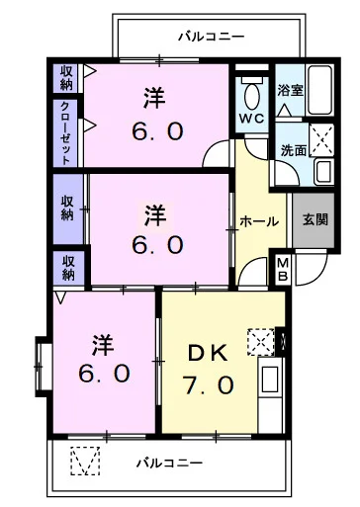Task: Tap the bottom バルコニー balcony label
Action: pyautogui.click(x=169, y=463)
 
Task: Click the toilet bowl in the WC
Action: pyautogui.click(x=251, y=96)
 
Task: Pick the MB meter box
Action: pyautogui.click(x=282, y=269)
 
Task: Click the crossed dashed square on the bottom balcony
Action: pyautogui.click(x=86, y=462)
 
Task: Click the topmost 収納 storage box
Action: pyautogui.click(x=65, y=76)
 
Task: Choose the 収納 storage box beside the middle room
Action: pyautogui.click(x=65, y=209)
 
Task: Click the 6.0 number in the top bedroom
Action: pyautogui.click(x=153, y=131)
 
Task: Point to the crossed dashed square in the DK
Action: pyautogui.click(x=260, y=342)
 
